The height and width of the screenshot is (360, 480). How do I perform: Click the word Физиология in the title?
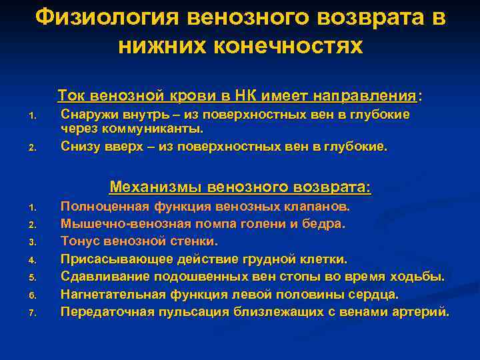[x=106, y=17]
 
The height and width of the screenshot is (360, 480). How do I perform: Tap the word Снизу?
[x=79, y=146]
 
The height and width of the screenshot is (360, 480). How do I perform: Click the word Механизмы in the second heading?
[x=155, y=186]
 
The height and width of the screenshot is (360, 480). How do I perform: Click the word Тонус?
[x=79, y=241]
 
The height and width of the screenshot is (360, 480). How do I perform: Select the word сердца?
[x=375, y=293]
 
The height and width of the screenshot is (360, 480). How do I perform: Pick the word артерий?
[x=423, y=311]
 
